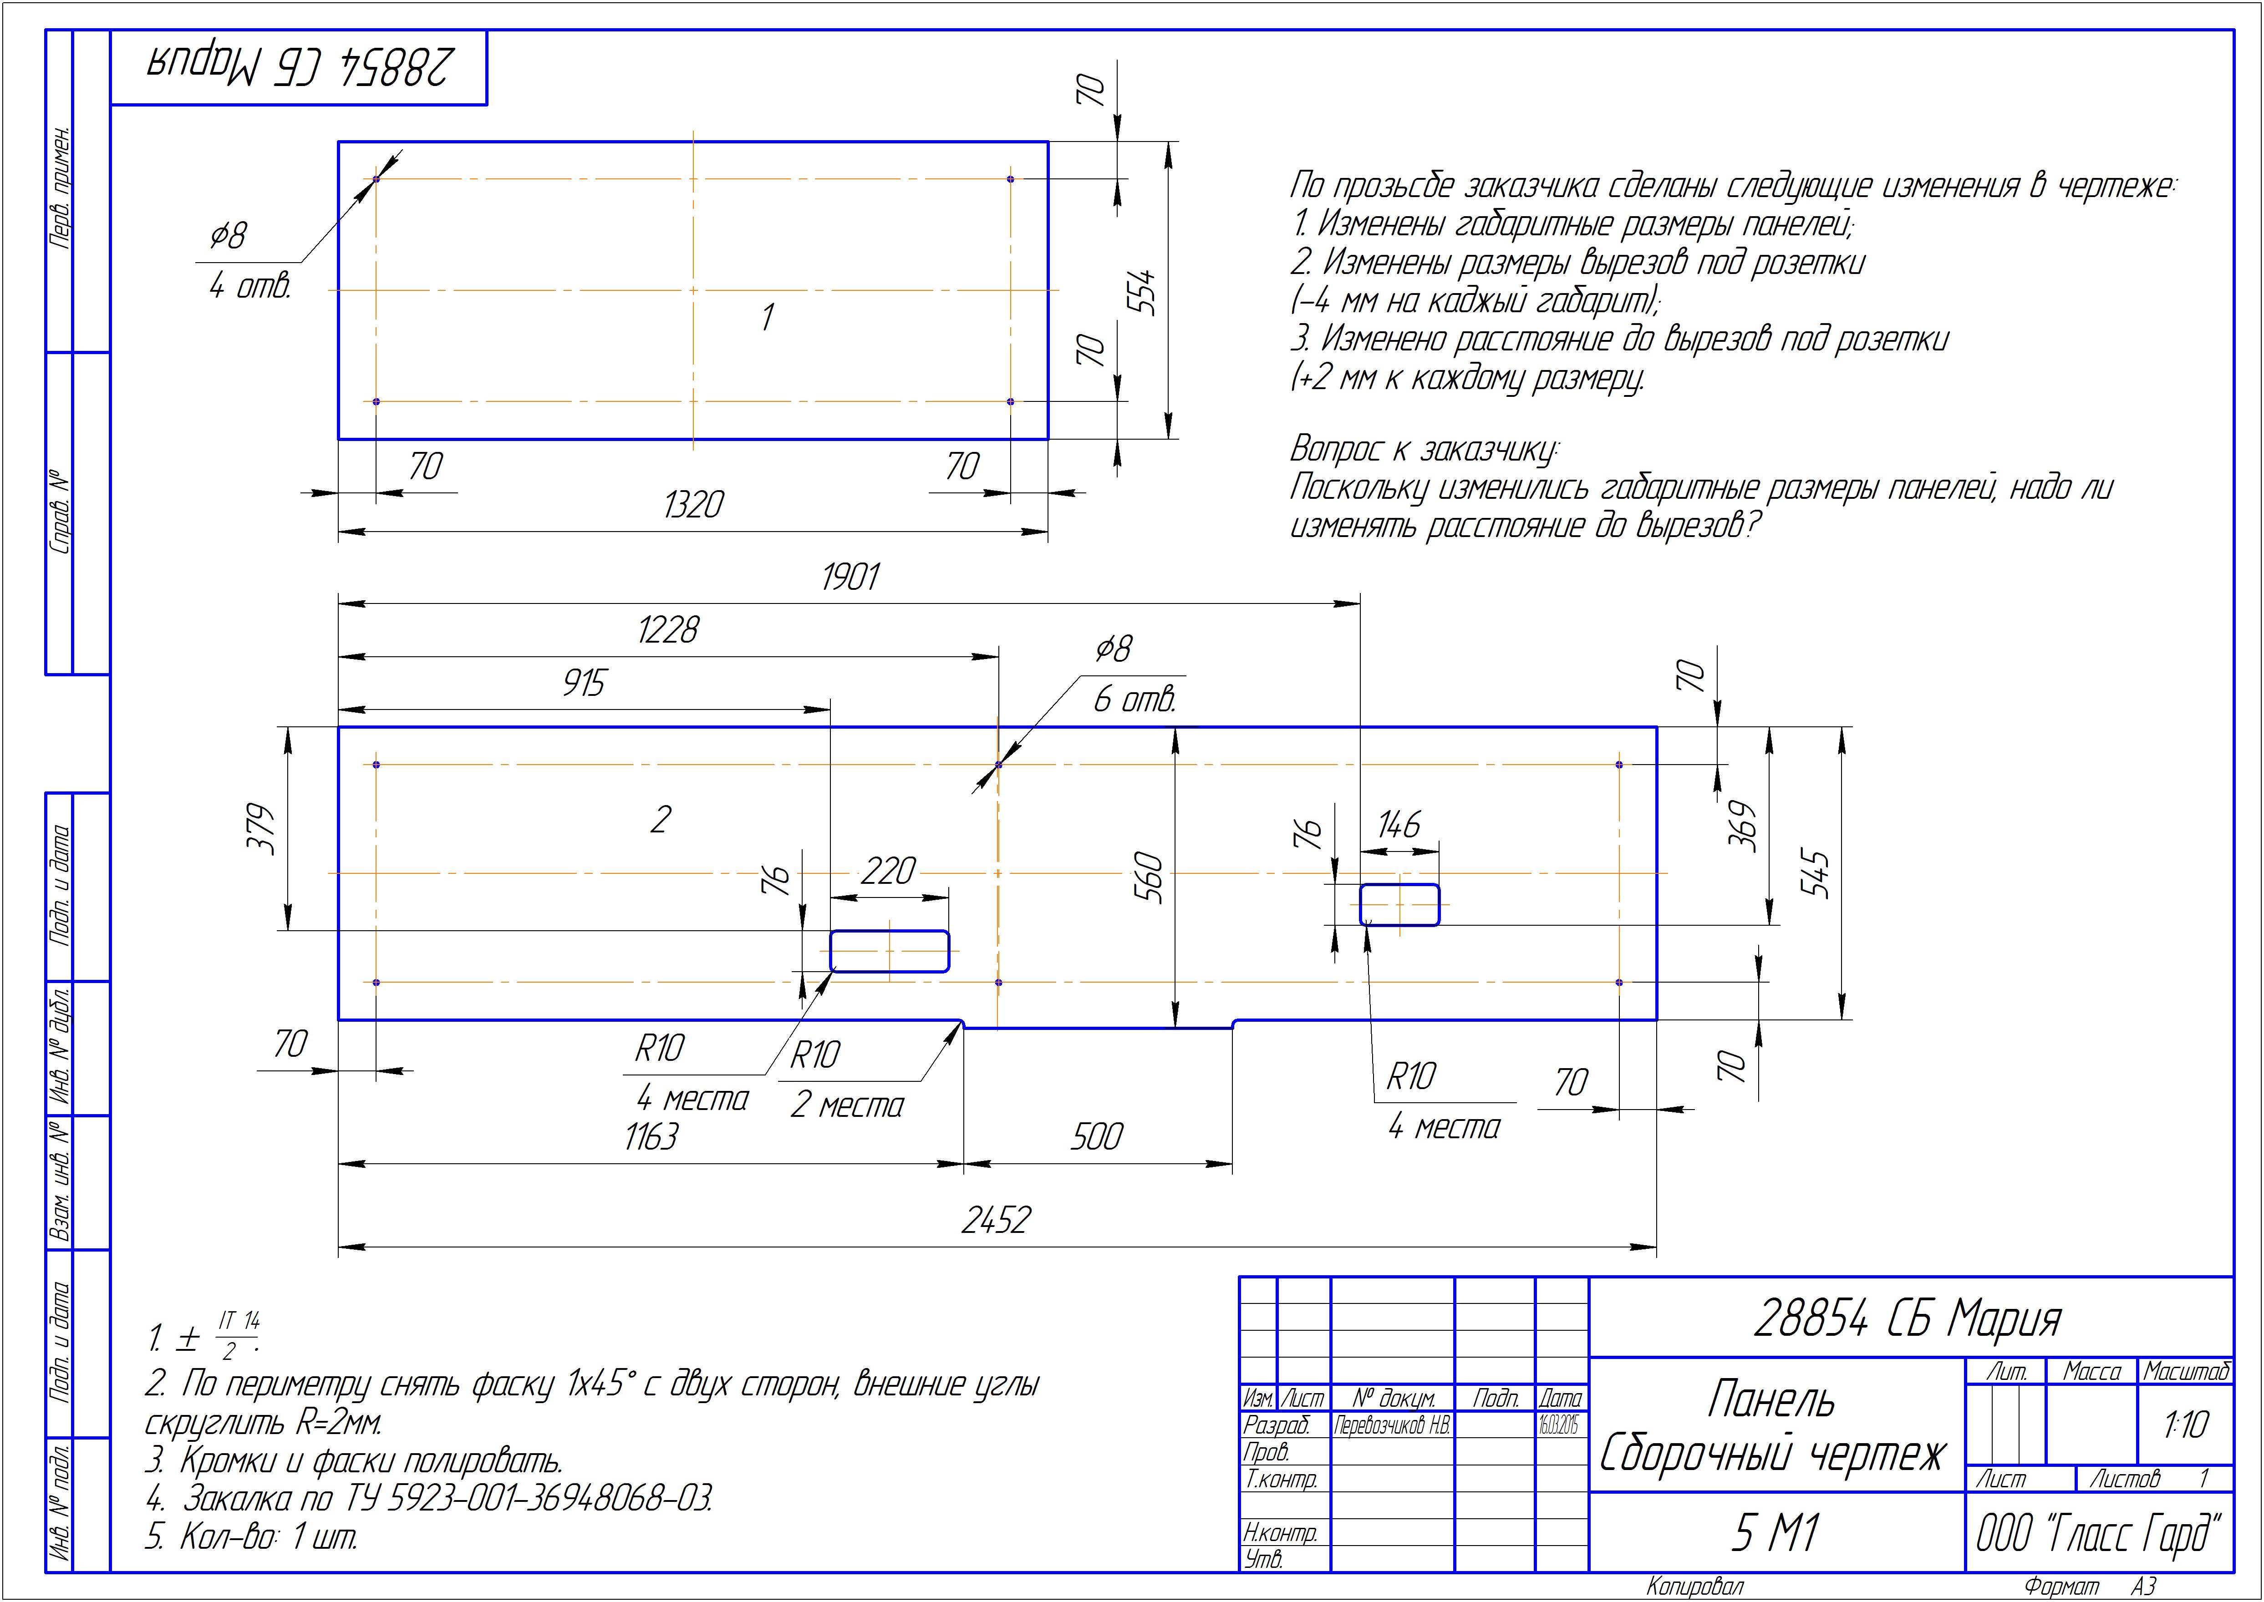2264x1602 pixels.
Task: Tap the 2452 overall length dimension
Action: (x=995, y=1220)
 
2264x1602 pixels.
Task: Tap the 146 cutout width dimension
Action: (x=1399, y=825)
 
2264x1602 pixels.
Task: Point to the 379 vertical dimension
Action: (x=261, y=829)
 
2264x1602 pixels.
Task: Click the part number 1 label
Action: (x=768, y=318)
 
